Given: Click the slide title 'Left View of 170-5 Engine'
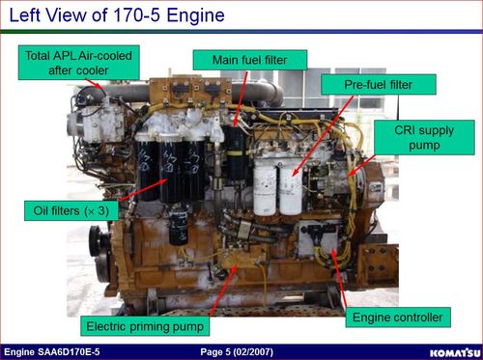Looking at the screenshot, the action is click(117, 15).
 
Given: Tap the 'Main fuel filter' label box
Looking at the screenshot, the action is click(250, 60).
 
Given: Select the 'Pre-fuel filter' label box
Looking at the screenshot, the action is click(379, 85).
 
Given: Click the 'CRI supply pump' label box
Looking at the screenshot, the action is click(424, 137).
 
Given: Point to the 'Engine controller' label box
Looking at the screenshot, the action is click(398, 318).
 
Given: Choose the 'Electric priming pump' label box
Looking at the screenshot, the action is click(145, 326).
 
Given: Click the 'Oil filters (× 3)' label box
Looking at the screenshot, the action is click(71, 210).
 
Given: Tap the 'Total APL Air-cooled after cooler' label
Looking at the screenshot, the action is click(79, 63).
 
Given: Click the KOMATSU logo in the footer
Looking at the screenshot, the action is click(455, 353).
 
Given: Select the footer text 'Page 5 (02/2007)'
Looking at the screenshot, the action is click(237, 352).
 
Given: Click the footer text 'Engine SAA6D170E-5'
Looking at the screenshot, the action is click(52, 352).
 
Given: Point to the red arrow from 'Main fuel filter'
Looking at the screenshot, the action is click(241, 98).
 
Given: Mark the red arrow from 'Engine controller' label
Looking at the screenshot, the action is click(339, 278).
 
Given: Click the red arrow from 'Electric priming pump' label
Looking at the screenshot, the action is click(223, 290).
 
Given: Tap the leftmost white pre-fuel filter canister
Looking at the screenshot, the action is click(265, 189).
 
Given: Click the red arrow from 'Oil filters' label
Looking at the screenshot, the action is click(143, 190).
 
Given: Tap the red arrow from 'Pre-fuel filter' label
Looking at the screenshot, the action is click(323, 136).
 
